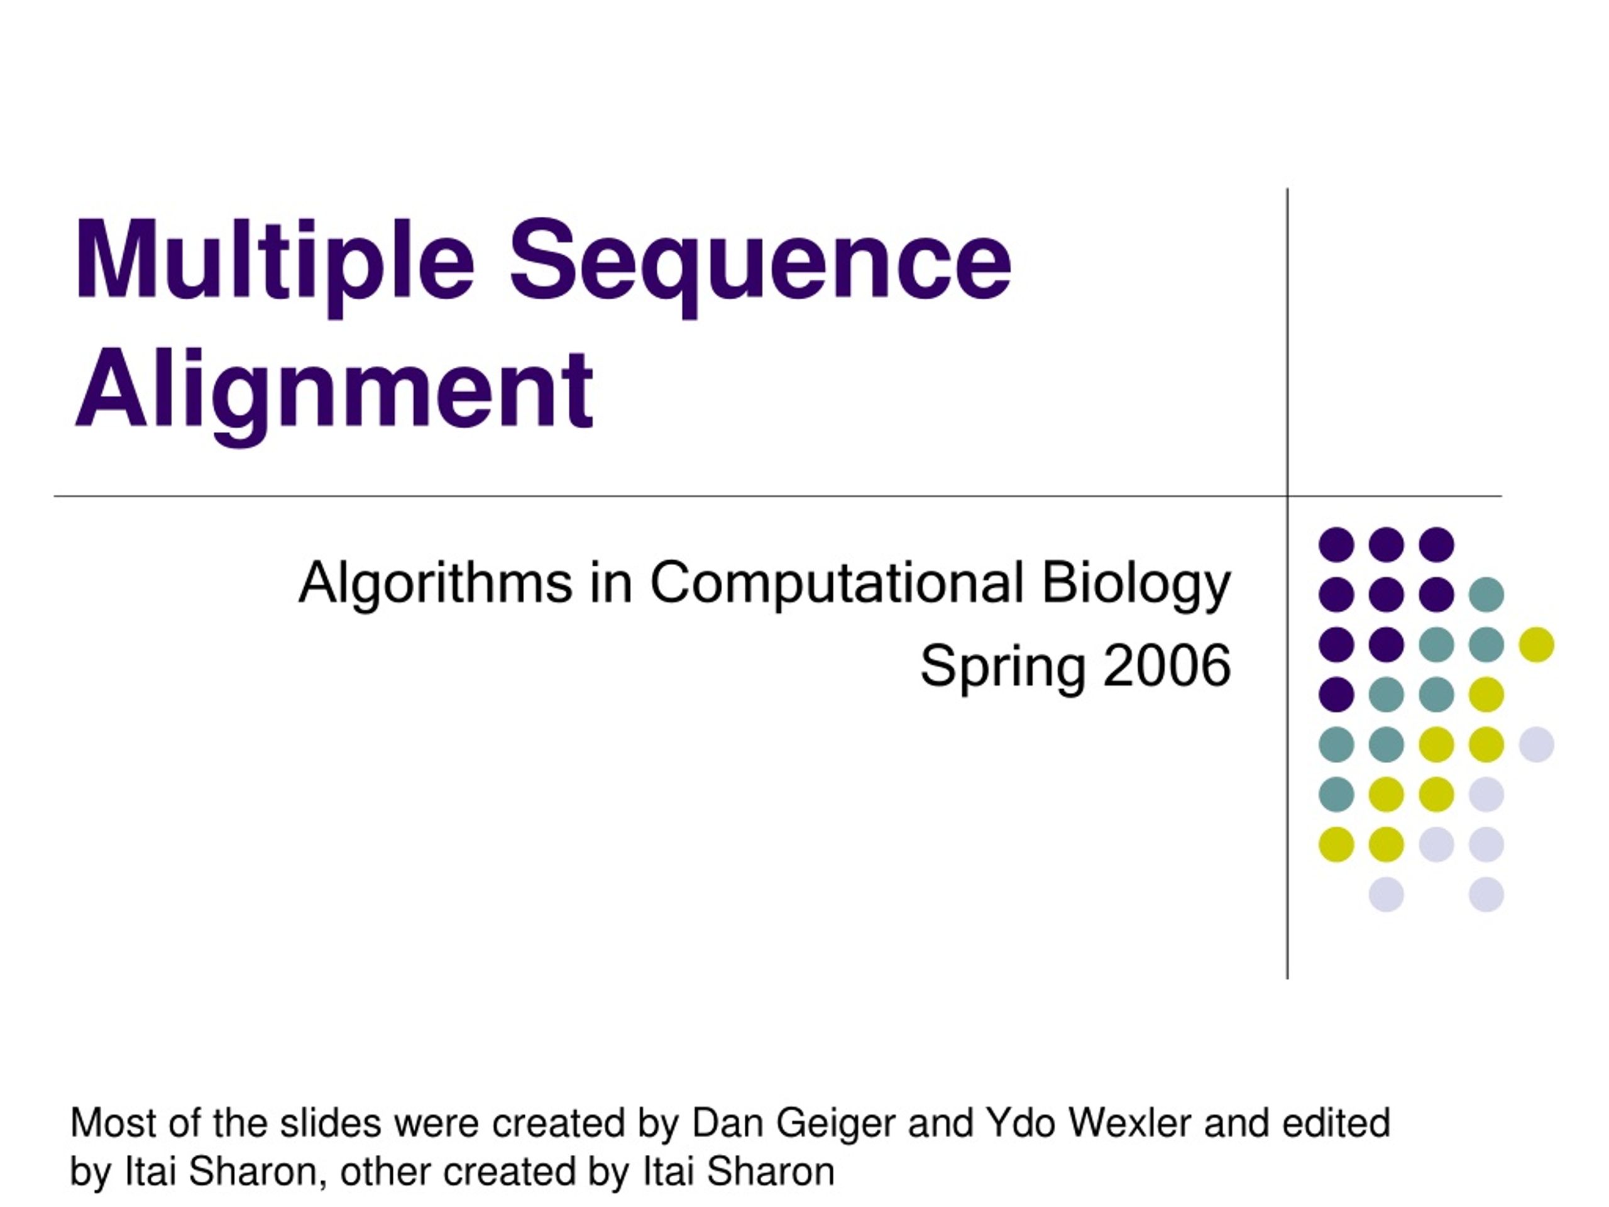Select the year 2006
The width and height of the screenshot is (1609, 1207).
pos(1167,665)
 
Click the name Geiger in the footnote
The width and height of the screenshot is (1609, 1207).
pos(836,1123)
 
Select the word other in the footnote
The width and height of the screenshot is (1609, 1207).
pos(385,1171)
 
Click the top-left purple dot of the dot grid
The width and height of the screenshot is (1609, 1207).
pos(1336,544)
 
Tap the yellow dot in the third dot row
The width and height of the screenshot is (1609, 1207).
pos(1536,644)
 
